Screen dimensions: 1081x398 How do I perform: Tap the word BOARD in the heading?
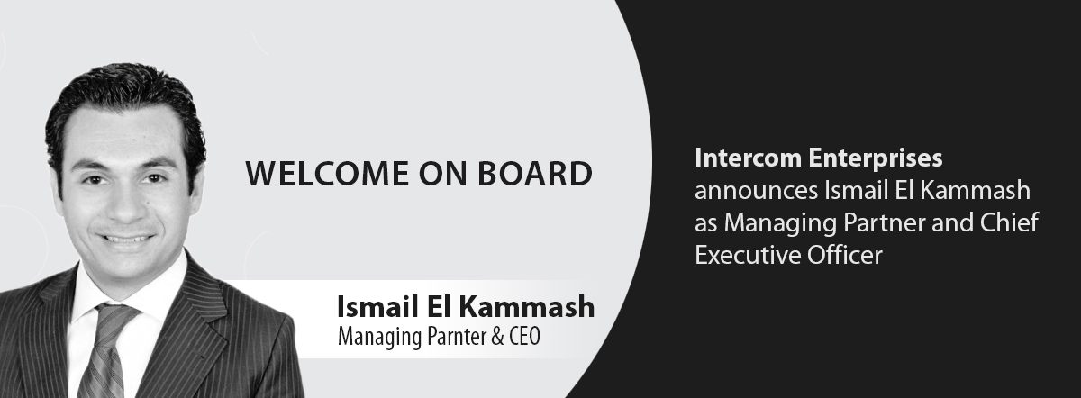pyautogui.click(x=535, y=174)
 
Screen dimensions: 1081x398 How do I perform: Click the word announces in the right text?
pyautogui.click(x=756, y=192)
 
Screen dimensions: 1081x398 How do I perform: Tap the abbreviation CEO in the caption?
pyautogui.click(x=524, y=337)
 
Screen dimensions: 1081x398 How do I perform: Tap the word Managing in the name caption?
pyautogui.click(x=380, y=338)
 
